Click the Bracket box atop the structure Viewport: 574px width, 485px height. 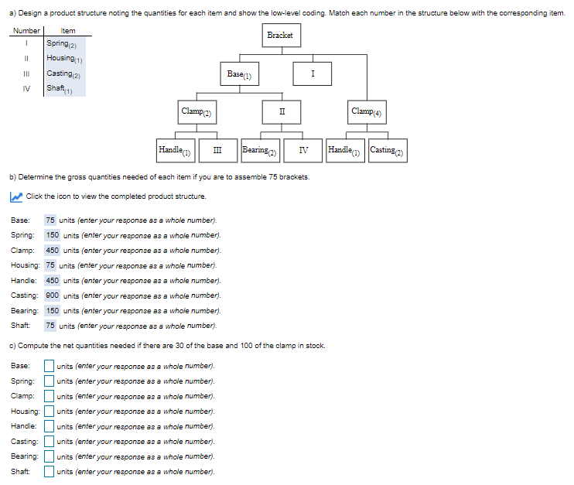click(x=280, y=36)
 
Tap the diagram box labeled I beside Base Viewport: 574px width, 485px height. click(x=313, y=73)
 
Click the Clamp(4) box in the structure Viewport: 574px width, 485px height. click(x=368, y=111)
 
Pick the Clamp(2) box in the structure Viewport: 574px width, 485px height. click(x=197, y=111)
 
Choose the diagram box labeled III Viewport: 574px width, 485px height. click(x=217, y=149)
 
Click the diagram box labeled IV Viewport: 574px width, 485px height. click(x=303, y=149)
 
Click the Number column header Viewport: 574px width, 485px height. click(x=26, y=30)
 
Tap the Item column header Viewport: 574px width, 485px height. click(x=68, y=30)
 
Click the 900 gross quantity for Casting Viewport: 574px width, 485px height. click(x=52, y=295)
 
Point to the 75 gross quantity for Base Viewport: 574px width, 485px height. click(x=50, y=220)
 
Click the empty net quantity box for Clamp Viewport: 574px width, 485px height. click(x=49, y=396)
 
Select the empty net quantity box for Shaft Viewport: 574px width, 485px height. click(x=49, y=471)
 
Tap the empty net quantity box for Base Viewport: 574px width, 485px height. click(x=49, y=366)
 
